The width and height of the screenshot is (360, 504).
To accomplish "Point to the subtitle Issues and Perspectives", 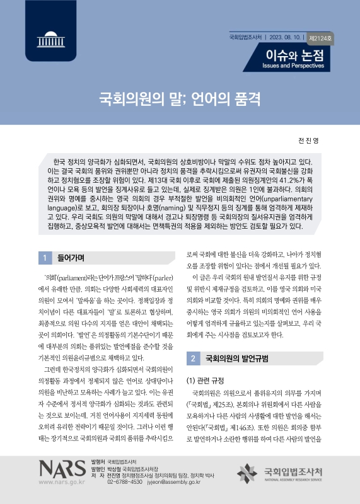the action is click(294, 66).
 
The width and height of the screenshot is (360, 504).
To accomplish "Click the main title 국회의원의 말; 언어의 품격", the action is click(180, 99).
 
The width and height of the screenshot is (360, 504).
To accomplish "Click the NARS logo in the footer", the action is click(62, 467).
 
